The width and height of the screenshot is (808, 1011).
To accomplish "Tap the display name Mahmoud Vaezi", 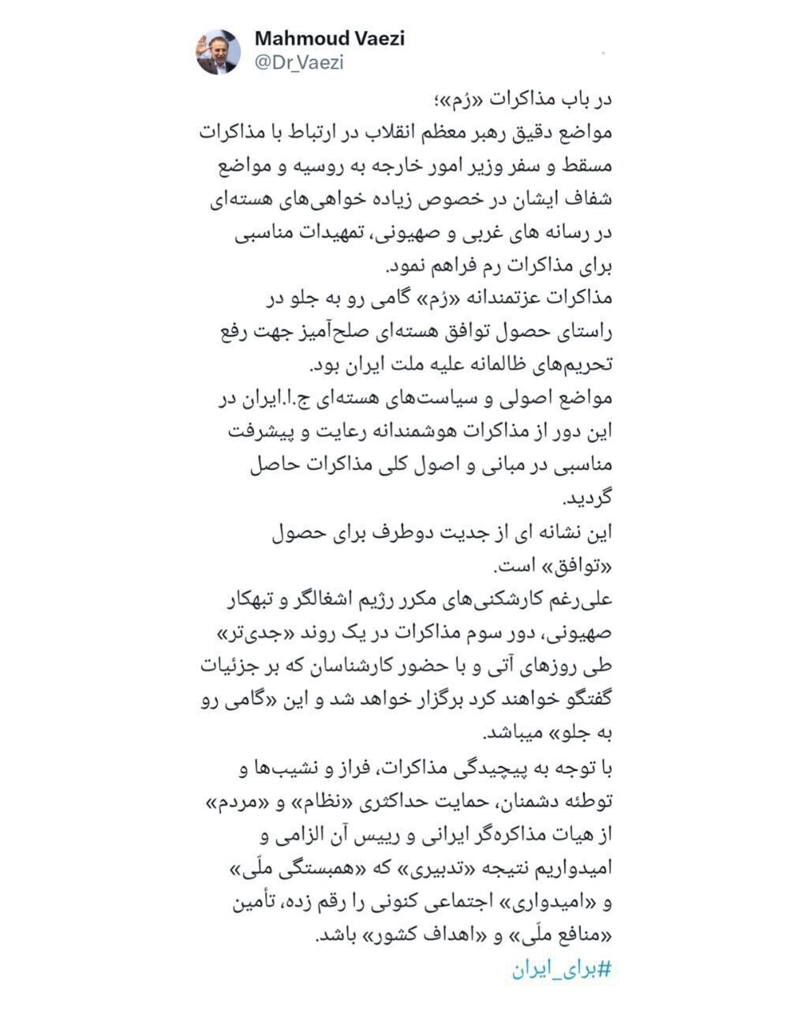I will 329,38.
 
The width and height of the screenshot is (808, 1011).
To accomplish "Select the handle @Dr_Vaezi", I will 298,63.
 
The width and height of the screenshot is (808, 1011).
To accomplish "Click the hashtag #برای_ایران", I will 563,968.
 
